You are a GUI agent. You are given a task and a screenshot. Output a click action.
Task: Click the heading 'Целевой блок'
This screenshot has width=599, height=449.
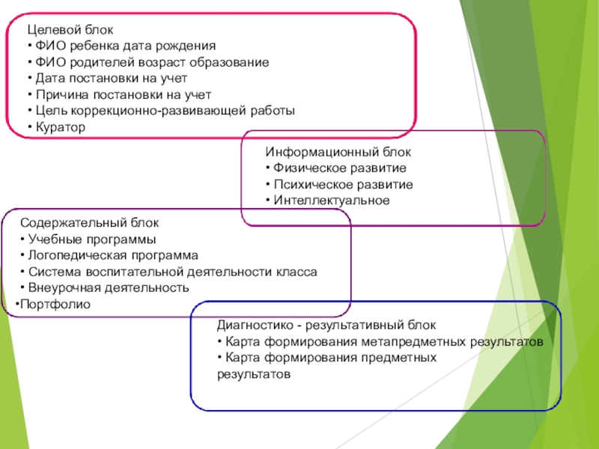(70, 30)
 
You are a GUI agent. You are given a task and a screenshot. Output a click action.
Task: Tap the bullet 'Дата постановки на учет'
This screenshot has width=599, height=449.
(109, 79)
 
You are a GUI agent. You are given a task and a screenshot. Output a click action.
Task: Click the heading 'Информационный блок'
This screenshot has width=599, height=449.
(338, 152)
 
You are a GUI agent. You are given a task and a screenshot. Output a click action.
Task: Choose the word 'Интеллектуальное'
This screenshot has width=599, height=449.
(332, 201)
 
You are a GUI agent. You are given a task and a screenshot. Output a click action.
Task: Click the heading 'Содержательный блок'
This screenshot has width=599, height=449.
(89, 223)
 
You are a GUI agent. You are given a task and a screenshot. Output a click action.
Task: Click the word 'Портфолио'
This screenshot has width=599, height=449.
(55, 304)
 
